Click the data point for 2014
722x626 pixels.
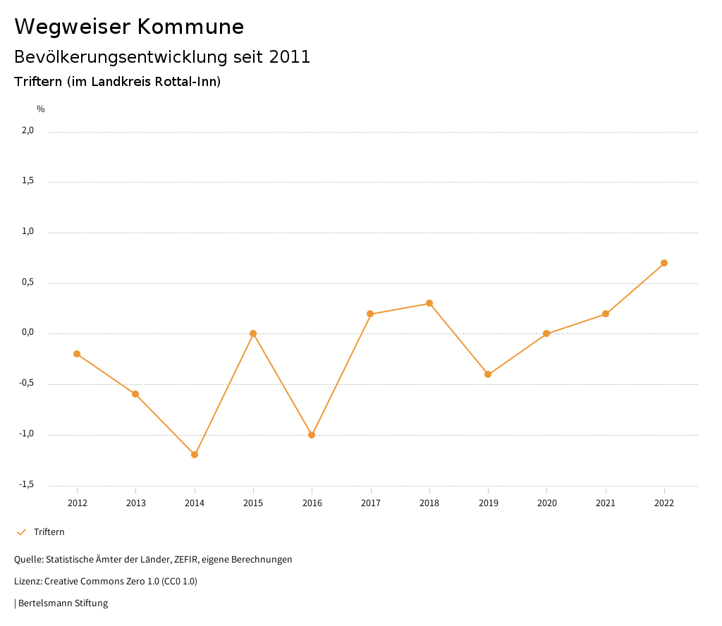(x=195, y=455)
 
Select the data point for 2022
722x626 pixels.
(x=664, y=263)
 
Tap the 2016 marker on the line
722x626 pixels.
(x=312, y=435)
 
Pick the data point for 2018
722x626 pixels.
(x=429, y=303)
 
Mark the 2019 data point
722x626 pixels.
(x=488, y=374)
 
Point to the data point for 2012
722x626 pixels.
(x=77, y=354)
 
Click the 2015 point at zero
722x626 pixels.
(x=253, y=333)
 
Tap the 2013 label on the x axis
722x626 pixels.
(x=136, y=503)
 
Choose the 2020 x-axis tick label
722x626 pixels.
(x=546, y=503)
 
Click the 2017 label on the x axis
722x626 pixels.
(x=371, y=503)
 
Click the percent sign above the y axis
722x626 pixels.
(x=41, y=109)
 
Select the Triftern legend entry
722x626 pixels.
(x=49, y=532)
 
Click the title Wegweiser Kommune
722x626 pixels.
(x=129, y=27)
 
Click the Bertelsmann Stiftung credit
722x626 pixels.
(x=63, y=603)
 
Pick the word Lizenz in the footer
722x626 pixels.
(x=27, y=582)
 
